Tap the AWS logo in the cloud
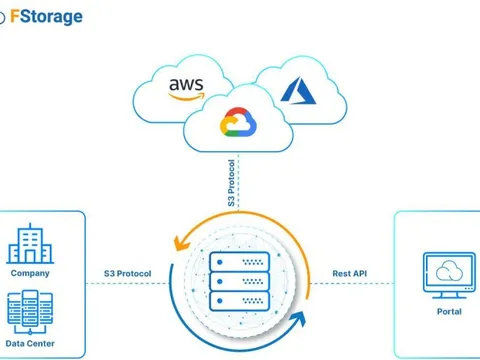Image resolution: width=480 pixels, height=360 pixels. pyautogui.click(x=186, y=86)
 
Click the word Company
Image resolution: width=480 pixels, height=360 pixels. pyautogui.click(x=30, y=273)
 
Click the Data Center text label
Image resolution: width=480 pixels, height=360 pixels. pyautogui.click(x=30, y=344)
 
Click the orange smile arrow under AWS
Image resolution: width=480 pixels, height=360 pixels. pyautogui.click(x=187, y=95)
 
